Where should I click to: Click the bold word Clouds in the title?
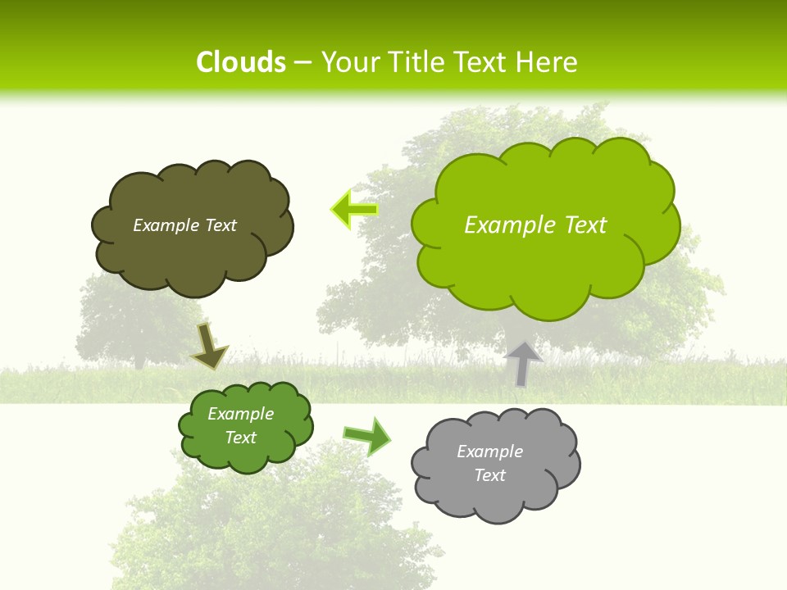241,62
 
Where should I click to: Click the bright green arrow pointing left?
354,209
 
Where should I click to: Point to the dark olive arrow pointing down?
209,346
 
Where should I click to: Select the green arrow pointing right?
366,436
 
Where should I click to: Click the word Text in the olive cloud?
220,225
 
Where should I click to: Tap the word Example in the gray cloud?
489,452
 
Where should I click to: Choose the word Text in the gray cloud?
489,475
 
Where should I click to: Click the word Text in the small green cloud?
241,438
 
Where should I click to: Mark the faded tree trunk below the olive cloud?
139,359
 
